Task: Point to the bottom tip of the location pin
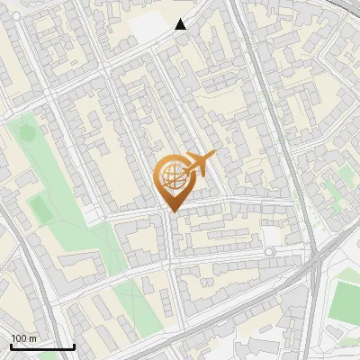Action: [171, 212]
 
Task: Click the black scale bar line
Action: [41, 346]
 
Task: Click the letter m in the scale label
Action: [32, 337]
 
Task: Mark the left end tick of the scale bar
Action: [10, 345]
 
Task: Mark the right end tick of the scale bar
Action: [74, 345]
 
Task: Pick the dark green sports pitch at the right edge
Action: [345, 301]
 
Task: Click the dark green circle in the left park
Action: [26, 133]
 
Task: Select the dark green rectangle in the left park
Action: [40, 210]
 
